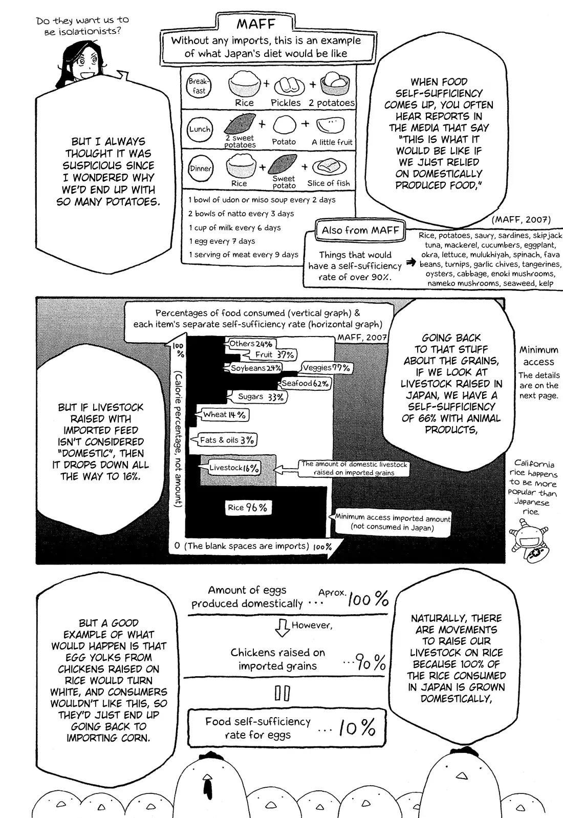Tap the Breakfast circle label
(x=199, y=86)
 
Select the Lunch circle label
(x=200, y=129)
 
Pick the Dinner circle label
(x=200, y=169)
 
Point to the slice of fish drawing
(x=329, y=167)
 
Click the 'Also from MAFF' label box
(x=360, y=230)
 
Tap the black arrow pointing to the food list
(x=410, y=262)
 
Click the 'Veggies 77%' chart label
(x=326, y=368)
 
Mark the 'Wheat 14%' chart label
(x=224, y=414)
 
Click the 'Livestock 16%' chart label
(x=234, y=468)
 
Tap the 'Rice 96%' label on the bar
(x=248, y=508)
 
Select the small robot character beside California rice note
(x=528, y=541)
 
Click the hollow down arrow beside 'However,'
(x=282, y=627)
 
